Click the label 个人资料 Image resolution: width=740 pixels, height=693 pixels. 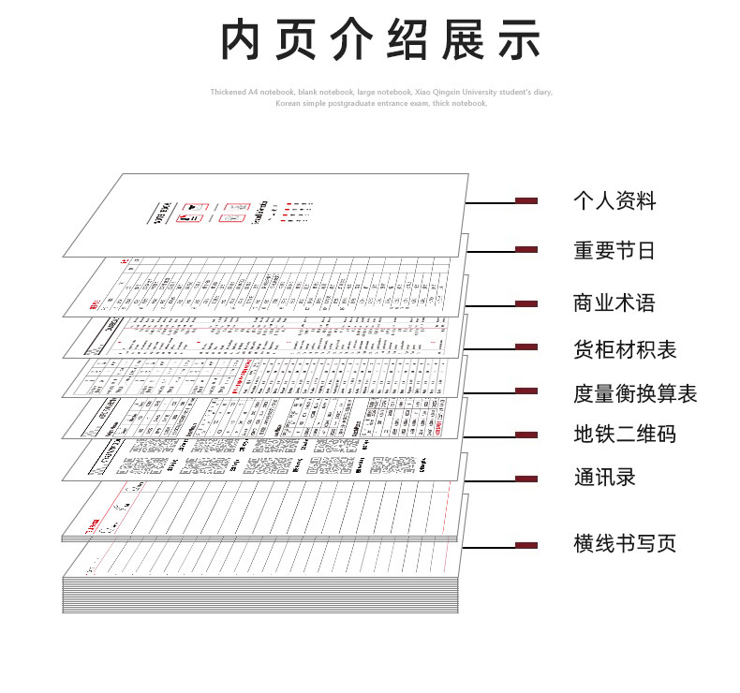click(614, 201)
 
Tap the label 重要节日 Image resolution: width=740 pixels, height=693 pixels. click(614, 251)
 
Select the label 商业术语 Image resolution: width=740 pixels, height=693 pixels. click(614, 303)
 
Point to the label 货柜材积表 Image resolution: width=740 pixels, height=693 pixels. click(625, 350)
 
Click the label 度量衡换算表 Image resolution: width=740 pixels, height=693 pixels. click(635, 393)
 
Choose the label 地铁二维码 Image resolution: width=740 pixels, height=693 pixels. click(625, 435)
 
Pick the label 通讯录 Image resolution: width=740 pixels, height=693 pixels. click(604, 477)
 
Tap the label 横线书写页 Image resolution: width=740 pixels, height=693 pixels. click(625, 543)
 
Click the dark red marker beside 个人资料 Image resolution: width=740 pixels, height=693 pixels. click(526, 200)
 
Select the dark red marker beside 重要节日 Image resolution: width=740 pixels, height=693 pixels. click(526, 249)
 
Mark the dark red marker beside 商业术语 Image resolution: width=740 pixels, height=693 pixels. click(526, 303)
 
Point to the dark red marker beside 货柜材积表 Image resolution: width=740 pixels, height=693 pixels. click(526, 347)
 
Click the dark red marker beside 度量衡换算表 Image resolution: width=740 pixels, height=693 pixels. click(526, 391)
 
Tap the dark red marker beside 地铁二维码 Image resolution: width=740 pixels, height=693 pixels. click(526, 435)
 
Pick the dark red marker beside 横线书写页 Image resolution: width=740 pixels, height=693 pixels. click(526, 545)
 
